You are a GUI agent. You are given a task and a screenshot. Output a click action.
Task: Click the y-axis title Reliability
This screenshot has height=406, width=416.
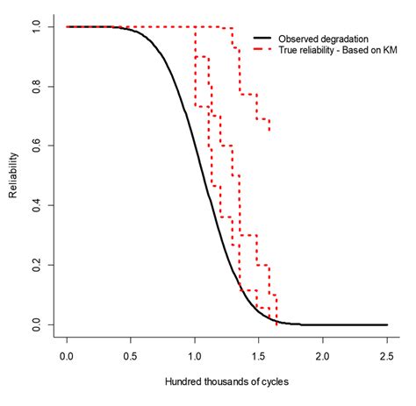15,175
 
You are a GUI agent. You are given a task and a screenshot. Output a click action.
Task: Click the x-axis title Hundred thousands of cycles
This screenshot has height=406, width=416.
226,384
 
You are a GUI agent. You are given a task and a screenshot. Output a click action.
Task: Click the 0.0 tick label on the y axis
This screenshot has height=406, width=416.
37,325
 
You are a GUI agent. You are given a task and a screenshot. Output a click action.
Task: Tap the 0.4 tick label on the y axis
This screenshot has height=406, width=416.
37,206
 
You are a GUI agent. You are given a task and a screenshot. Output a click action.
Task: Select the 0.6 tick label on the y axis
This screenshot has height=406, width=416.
37,146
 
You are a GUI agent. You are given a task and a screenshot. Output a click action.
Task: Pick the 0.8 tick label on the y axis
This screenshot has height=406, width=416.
37,87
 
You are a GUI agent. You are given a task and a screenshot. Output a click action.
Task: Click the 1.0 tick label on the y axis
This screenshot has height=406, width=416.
37,27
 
